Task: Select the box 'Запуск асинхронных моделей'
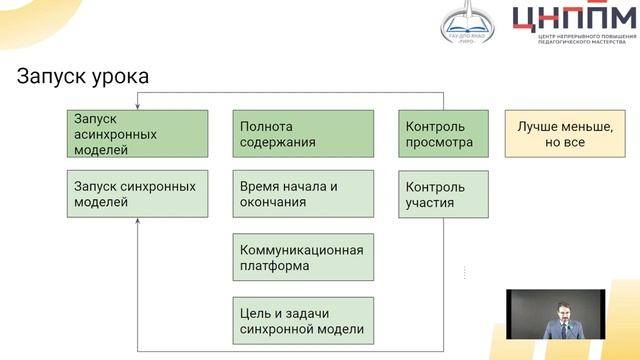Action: pos(138,134)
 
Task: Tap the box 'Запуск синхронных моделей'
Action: pos(138,194)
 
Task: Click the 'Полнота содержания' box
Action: pos(303,134)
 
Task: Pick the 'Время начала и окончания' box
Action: pos(303,194)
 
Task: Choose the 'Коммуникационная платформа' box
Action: pos(303,257)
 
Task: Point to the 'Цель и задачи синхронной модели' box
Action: pos(303,320)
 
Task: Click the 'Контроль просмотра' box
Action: pos(442,134)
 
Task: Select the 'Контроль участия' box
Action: pos(442,194)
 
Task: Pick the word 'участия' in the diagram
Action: pos(430,203)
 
